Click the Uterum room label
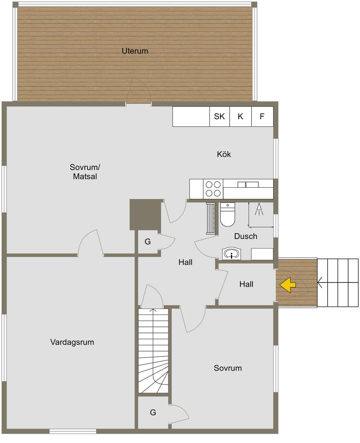(135, 51)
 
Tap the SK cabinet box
(220, 116)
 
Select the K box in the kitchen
(240, 116)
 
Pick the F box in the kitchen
(262, 116)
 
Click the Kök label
(224, 154)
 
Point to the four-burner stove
(213, 189)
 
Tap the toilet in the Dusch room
(228, 214)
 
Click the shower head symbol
(259, 209)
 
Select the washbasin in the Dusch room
(231, 254)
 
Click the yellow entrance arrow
(288, 285)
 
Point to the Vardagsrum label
(72, 342)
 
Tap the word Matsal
(85, 176)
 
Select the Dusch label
(246, 236)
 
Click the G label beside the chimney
(148, 242)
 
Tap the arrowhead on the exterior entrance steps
(320, 283)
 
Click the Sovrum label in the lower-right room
(228, 368)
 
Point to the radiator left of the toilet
(211, 219)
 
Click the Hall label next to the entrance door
(246, 284)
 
